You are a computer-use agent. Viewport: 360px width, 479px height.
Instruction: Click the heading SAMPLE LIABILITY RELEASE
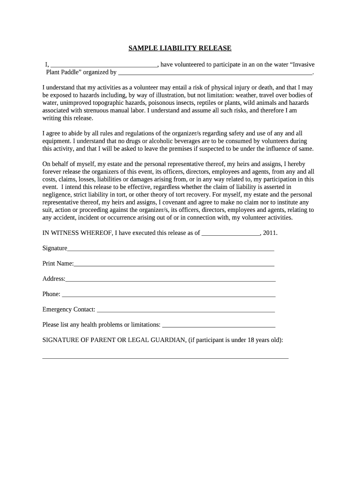180,48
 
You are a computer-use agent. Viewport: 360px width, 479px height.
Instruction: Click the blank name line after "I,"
104,66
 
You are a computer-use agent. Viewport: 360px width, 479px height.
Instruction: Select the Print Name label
58,263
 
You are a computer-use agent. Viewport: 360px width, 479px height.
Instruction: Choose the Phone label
51,294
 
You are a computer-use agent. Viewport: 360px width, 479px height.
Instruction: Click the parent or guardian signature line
166,357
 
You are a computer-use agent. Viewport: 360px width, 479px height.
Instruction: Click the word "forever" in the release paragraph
52,171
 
